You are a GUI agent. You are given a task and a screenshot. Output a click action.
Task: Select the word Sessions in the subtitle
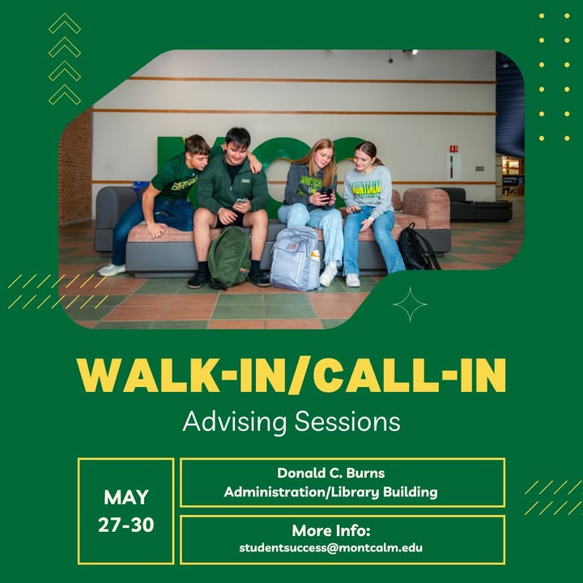coord(347,422)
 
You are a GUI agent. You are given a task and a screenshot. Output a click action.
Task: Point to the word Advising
coord(235,423)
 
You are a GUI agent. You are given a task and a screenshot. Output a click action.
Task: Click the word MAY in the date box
coord(126,497)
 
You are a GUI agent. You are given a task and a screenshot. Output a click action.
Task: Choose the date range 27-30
coord(126,525)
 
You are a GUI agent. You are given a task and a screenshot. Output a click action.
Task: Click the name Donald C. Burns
coord(331,473)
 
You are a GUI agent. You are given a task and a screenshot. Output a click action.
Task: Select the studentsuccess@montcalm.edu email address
coord(331,547)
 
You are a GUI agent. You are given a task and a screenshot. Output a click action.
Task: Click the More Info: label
coord(331,530)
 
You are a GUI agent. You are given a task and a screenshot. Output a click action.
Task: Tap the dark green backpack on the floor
coord(229,257)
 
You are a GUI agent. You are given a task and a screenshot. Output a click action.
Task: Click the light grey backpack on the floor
coord(296,258)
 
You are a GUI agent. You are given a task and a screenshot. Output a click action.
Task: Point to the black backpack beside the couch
coord(418,247)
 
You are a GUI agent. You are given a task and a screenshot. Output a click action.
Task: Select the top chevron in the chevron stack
coord(65,23)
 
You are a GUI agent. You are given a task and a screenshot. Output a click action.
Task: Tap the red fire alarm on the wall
coord(453,149)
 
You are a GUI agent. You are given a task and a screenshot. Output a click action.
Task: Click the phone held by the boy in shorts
coord(240,202)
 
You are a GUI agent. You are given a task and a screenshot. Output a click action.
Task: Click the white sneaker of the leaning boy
coord(112,270)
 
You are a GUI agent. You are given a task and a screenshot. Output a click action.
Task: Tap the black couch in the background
coord(477,206)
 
